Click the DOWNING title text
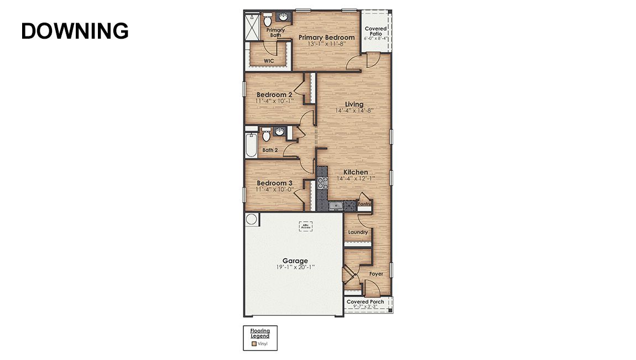(75, 31)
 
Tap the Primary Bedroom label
(326, 38)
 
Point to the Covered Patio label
(376, 31)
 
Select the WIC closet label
(269, 61)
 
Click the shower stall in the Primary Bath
(253, 25)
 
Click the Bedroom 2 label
(274, 95)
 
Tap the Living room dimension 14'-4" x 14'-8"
(354, 111)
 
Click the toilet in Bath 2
(266, 134)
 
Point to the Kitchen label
(355, 172)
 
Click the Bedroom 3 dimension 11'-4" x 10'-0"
(275, 189)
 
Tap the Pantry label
(364, 204)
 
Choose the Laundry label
(358, 232)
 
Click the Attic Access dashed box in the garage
(306, 226)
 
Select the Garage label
(295, 261)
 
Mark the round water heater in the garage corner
(251, 220)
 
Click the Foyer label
(376, 274)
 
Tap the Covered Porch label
(365, 302)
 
